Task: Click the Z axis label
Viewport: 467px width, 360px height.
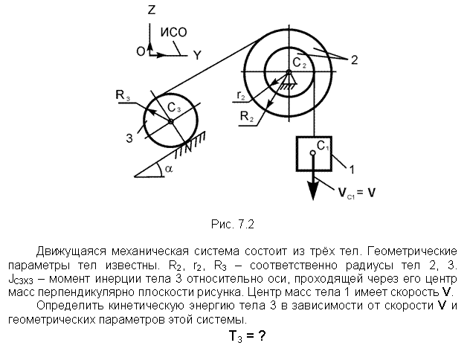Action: (x=152, y=10)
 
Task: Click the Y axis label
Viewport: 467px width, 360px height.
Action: (x=198, y=55)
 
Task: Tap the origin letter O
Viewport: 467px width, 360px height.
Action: (x=141, y=51)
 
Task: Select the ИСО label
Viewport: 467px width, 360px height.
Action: (x=173, y=32)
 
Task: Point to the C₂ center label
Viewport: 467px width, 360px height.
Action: (x=300, y=63)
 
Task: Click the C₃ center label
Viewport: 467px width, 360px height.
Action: (x=174, y=108)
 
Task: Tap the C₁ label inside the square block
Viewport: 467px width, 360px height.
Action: (x=323, y=146)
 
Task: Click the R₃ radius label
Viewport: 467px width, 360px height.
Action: (x=123, y=96)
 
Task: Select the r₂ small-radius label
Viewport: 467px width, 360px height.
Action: (x=241, y=95)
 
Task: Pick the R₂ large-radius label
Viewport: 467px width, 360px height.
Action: (x=247, y=117)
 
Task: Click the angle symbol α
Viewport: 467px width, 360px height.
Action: (x=169, y=170)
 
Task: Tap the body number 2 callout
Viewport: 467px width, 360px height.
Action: (x=354, y=60)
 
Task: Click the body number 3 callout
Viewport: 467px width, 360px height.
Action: (x=129, y=138)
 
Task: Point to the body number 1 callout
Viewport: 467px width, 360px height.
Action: (x=352, y=170)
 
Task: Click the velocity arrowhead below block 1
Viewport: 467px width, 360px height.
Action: (x=313, y=190)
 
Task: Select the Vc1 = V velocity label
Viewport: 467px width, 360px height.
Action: (x=357, y=193)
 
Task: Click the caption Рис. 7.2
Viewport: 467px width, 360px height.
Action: (x=233, y=224)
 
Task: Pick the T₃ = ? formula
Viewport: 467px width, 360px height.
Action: (x=247, y=336)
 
